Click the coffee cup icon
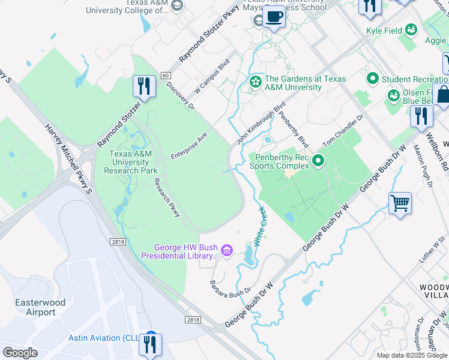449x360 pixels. tap(274, 17)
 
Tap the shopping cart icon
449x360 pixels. tap(400, 202)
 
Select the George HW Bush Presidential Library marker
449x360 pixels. tap(226, 250)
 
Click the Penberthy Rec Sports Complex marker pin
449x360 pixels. tap(318, 160)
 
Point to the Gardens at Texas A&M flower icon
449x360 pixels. tap(256, 82)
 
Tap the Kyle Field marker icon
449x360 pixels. tap(411, 29)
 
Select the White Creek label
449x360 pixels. tap(260, 227)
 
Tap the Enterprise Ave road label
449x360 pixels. tap(188, 146)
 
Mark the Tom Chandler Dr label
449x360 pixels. tap(343, 131)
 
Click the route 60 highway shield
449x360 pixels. tap(165, 75)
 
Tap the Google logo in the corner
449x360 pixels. tap(20, 353)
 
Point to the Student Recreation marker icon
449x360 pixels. tap(372, 78)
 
